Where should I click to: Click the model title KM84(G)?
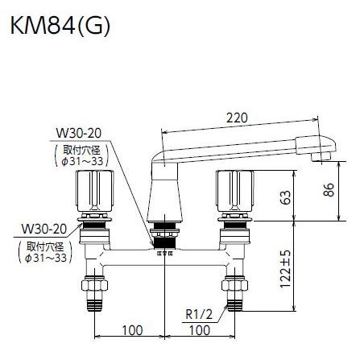pos(59,26)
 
